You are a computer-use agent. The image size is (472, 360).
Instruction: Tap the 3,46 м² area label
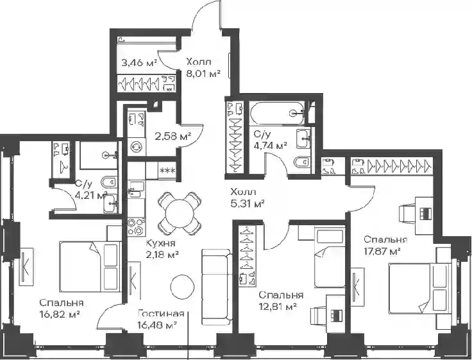[139, 63]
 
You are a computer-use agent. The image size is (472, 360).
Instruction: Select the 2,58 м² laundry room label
[173, 137]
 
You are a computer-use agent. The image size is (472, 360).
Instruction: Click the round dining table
[180, 214]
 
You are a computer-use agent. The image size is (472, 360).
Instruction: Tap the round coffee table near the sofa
[182, 286]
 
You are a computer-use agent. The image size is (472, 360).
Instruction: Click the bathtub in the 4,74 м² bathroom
[277, 113]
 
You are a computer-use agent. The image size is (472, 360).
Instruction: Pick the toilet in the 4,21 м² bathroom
[108, 182]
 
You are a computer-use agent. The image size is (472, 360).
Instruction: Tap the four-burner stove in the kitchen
[136, 227]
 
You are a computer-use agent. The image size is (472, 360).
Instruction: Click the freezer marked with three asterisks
[167, 171]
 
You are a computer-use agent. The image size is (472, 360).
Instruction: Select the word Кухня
[160, 243]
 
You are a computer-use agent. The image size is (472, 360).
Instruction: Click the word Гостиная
[161, 314]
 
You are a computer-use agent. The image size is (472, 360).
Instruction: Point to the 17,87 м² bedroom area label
[382, 252]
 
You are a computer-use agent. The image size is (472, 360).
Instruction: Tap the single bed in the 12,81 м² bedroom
[330, 257]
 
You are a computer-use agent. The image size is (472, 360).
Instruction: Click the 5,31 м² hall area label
[248, 204]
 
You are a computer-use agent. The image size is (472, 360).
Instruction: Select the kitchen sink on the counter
[136, 190]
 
